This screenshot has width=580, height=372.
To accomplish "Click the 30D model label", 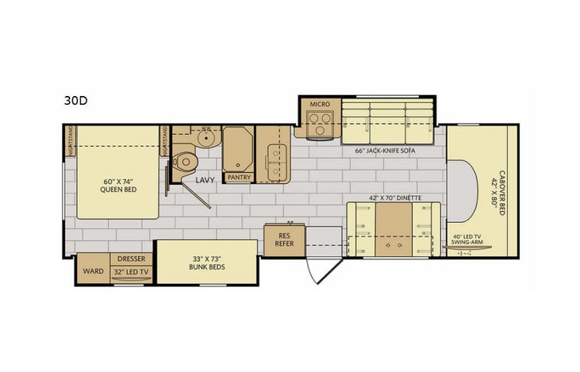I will click(x=75, y=101).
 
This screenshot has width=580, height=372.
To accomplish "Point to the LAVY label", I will click(x=205, y=181).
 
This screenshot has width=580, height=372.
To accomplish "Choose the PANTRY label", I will click(x=239, y=178).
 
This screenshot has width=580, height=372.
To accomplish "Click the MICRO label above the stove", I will click(x=320, y=104).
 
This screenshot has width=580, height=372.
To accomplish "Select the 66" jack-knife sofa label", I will click(x=385, y=151).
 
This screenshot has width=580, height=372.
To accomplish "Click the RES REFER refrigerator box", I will click(x=284, y=240).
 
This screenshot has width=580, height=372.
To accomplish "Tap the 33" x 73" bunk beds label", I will click(x=208, y=262).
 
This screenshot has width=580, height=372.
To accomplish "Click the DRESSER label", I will click(x=131, y=259).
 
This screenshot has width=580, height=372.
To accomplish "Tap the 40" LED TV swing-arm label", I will click(x=468, y=240).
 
